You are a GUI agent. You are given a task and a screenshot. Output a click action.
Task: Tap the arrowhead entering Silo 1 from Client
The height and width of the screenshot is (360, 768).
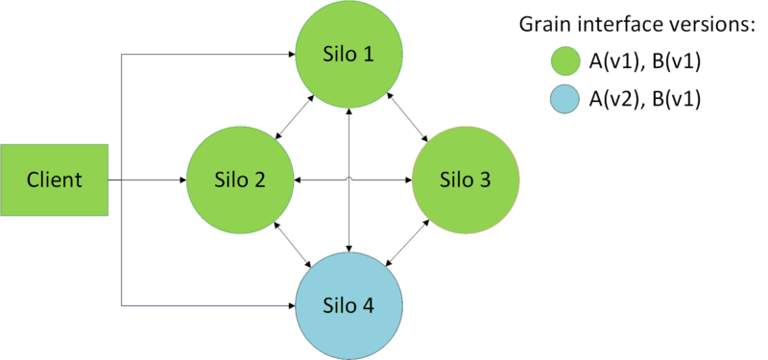[x=289, y=53]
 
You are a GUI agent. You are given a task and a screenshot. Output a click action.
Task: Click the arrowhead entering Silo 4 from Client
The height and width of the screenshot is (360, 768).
[x=289, y=306]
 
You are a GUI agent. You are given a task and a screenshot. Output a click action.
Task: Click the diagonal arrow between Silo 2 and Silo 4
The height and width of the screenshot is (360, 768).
[x=292, y=243]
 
